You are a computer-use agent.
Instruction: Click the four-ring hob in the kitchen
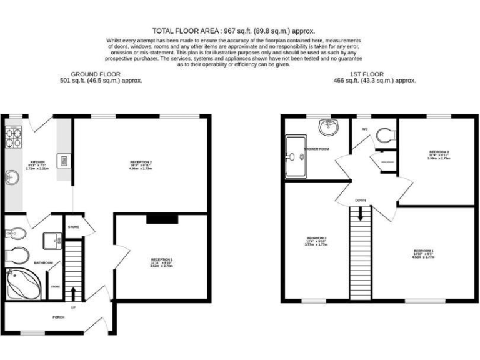point(14,137)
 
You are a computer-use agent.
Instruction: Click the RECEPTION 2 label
point(141,162)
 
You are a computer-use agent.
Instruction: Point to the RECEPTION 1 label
point(162,259)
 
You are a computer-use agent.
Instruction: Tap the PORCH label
point(59,317)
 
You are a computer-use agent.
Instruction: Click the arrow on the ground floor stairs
point(73,292)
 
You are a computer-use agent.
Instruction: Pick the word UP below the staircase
point(73,307)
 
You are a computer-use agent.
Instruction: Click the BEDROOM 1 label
point(423,251)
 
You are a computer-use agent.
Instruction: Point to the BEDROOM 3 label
point(317,238)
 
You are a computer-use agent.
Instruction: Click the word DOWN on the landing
point(361,201)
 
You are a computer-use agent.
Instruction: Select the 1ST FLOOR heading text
point(374,73)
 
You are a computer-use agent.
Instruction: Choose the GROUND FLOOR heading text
point(101,73)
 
